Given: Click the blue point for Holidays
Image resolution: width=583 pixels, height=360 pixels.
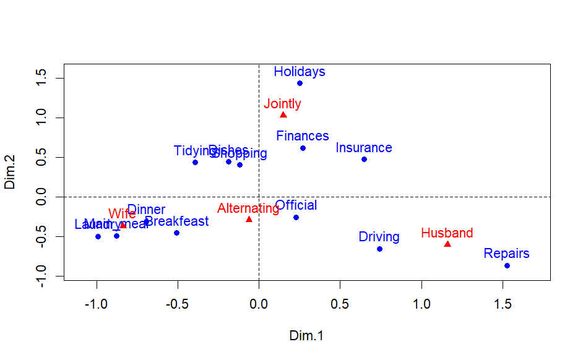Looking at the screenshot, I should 300,83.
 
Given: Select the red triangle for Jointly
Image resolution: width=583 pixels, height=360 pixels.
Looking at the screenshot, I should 283,114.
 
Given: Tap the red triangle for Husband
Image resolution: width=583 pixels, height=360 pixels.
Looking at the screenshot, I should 447,244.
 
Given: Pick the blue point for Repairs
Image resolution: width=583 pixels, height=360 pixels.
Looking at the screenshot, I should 507,265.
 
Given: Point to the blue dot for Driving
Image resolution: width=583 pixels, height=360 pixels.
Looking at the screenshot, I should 379,249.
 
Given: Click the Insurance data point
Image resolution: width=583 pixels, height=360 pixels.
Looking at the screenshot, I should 364,159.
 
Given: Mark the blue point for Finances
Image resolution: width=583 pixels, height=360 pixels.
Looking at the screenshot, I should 303,148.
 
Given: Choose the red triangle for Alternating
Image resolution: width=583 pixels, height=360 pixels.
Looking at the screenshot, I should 249,219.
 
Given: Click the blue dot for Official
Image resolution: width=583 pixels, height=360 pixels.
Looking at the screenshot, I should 296,217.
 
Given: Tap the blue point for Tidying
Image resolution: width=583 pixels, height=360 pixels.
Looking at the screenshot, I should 195,162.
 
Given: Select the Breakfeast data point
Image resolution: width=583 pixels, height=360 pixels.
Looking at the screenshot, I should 176,233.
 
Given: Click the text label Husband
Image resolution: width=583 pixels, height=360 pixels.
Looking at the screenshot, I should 447,233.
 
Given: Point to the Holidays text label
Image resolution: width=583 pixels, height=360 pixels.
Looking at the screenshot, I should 300,72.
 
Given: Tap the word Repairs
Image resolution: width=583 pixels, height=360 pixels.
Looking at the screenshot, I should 506,254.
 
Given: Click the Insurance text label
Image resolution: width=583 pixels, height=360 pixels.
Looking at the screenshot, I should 364,148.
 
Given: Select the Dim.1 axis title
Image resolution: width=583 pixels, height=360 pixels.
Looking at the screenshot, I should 306,336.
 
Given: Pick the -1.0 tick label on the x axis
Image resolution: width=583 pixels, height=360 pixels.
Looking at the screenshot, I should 96,304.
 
